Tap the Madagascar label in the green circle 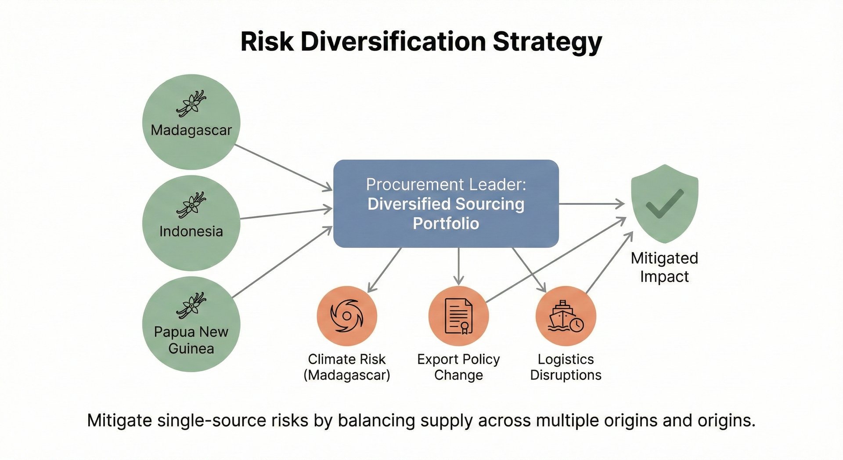pos(191,130)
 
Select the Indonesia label pos(191,231)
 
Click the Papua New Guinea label pos(191,340)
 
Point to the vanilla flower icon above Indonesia pos(191,204)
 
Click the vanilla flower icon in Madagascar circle pos(191,103)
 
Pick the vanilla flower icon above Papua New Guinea pos(191,305)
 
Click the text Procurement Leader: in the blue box pos(446,185)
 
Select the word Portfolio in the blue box pos(446,224)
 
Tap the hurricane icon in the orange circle pos(347,316)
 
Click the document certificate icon pos(458,316)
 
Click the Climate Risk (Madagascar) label pos(347,367)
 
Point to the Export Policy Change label pos(458,367)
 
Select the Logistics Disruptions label pos(566,367)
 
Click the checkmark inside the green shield pos(664,203)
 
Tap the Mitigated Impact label pos(664,267)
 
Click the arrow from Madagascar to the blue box pos(283,167)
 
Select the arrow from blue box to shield pos(591,204)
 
